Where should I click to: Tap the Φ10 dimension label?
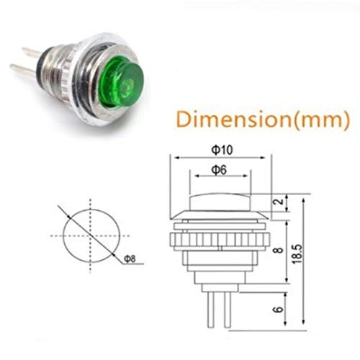(x=222, y=149)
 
